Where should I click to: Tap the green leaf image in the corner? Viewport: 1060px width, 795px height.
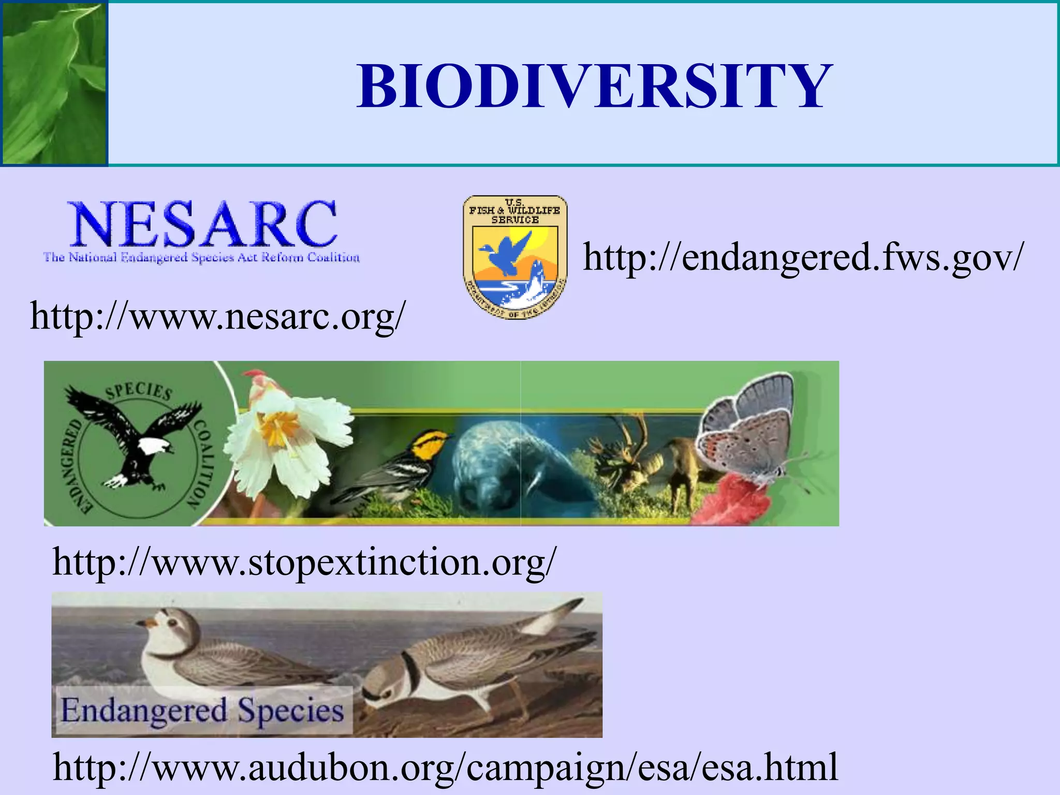pyautogui.click(x=53, y=83)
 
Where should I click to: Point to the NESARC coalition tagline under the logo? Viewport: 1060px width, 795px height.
pyautogui.click(x=201, y=257)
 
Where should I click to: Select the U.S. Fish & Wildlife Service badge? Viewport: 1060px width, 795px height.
pyautogui.click(x=514, y=257)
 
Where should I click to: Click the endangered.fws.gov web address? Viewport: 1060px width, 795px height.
pyautogui.click(x=803, y=257)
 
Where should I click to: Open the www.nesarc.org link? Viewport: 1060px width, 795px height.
pyautogui.click(x=217, y=316)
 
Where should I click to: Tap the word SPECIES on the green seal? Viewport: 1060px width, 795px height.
pyautogui.click(x=139, y=392)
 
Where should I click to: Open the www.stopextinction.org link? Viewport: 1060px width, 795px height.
pyautogui.click(x=304, y=562)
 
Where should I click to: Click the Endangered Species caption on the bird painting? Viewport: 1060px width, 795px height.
pyautogui.click(x=202, y=710)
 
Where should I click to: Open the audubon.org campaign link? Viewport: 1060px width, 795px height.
pyautogui.click(x=445, y=767)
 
